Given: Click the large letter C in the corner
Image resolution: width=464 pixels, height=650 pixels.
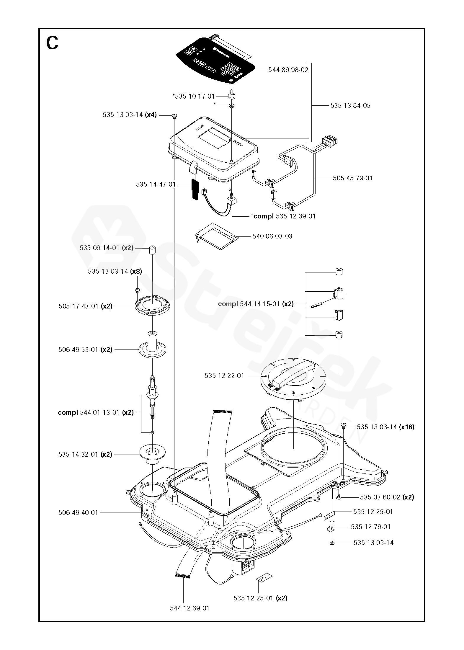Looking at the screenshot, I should click(52, 43).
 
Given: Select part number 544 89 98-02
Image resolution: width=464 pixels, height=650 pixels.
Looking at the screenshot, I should click(288, 70).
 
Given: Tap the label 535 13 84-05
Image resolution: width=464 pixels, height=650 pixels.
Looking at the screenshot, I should click(350, 106).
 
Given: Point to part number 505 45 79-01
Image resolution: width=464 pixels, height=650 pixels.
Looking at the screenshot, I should click(352, 178).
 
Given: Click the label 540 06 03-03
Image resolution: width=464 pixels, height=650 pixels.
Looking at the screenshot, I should click(272, 236).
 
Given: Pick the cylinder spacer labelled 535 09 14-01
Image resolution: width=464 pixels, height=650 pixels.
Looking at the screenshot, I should click(152, 250).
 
